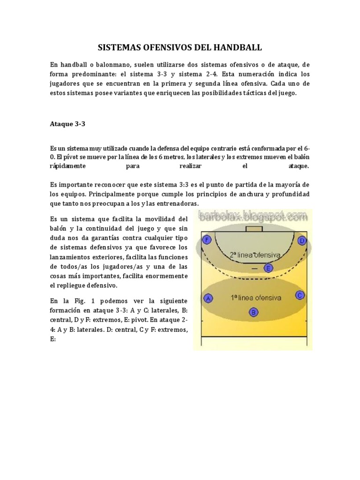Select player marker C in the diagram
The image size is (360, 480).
(300, 295)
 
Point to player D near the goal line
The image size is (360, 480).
(302, 241)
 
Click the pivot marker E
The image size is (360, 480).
(268, 268)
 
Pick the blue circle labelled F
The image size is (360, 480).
(206, 241)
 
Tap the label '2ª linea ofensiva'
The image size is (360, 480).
(255, 255)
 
